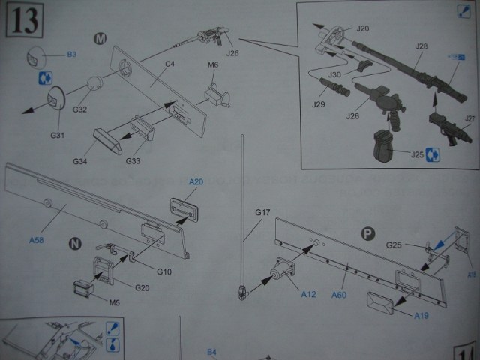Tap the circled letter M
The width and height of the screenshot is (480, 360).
100,37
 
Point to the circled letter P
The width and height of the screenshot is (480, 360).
367,232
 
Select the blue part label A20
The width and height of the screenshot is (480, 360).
196,182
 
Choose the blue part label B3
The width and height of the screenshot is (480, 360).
72,55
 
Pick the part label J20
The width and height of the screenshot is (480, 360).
363,28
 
